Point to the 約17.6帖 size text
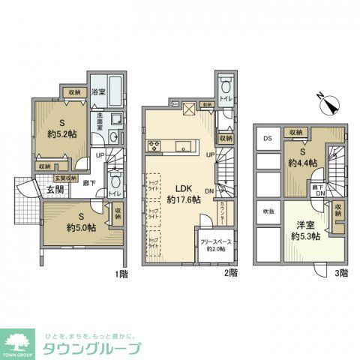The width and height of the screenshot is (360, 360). pos(183,200)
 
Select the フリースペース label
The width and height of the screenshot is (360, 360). pos(216,241)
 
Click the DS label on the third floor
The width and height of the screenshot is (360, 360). pos(267,139)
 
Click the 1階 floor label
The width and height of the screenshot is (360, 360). pos(121,274)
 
